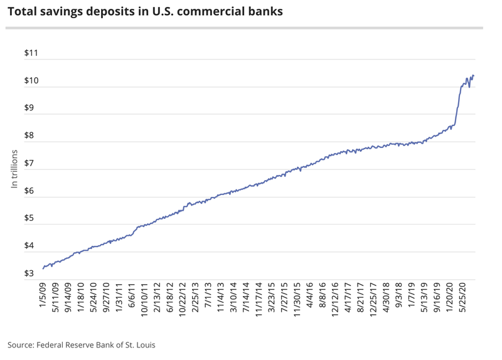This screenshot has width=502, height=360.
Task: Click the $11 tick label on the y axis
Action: point(31,54)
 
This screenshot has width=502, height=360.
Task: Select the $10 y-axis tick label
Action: point(31,81)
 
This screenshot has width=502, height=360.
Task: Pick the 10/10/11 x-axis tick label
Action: point(145,300)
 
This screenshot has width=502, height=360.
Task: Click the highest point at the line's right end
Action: point(473,75)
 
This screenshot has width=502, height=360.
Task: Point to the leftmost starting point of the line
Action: point(43,268)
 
